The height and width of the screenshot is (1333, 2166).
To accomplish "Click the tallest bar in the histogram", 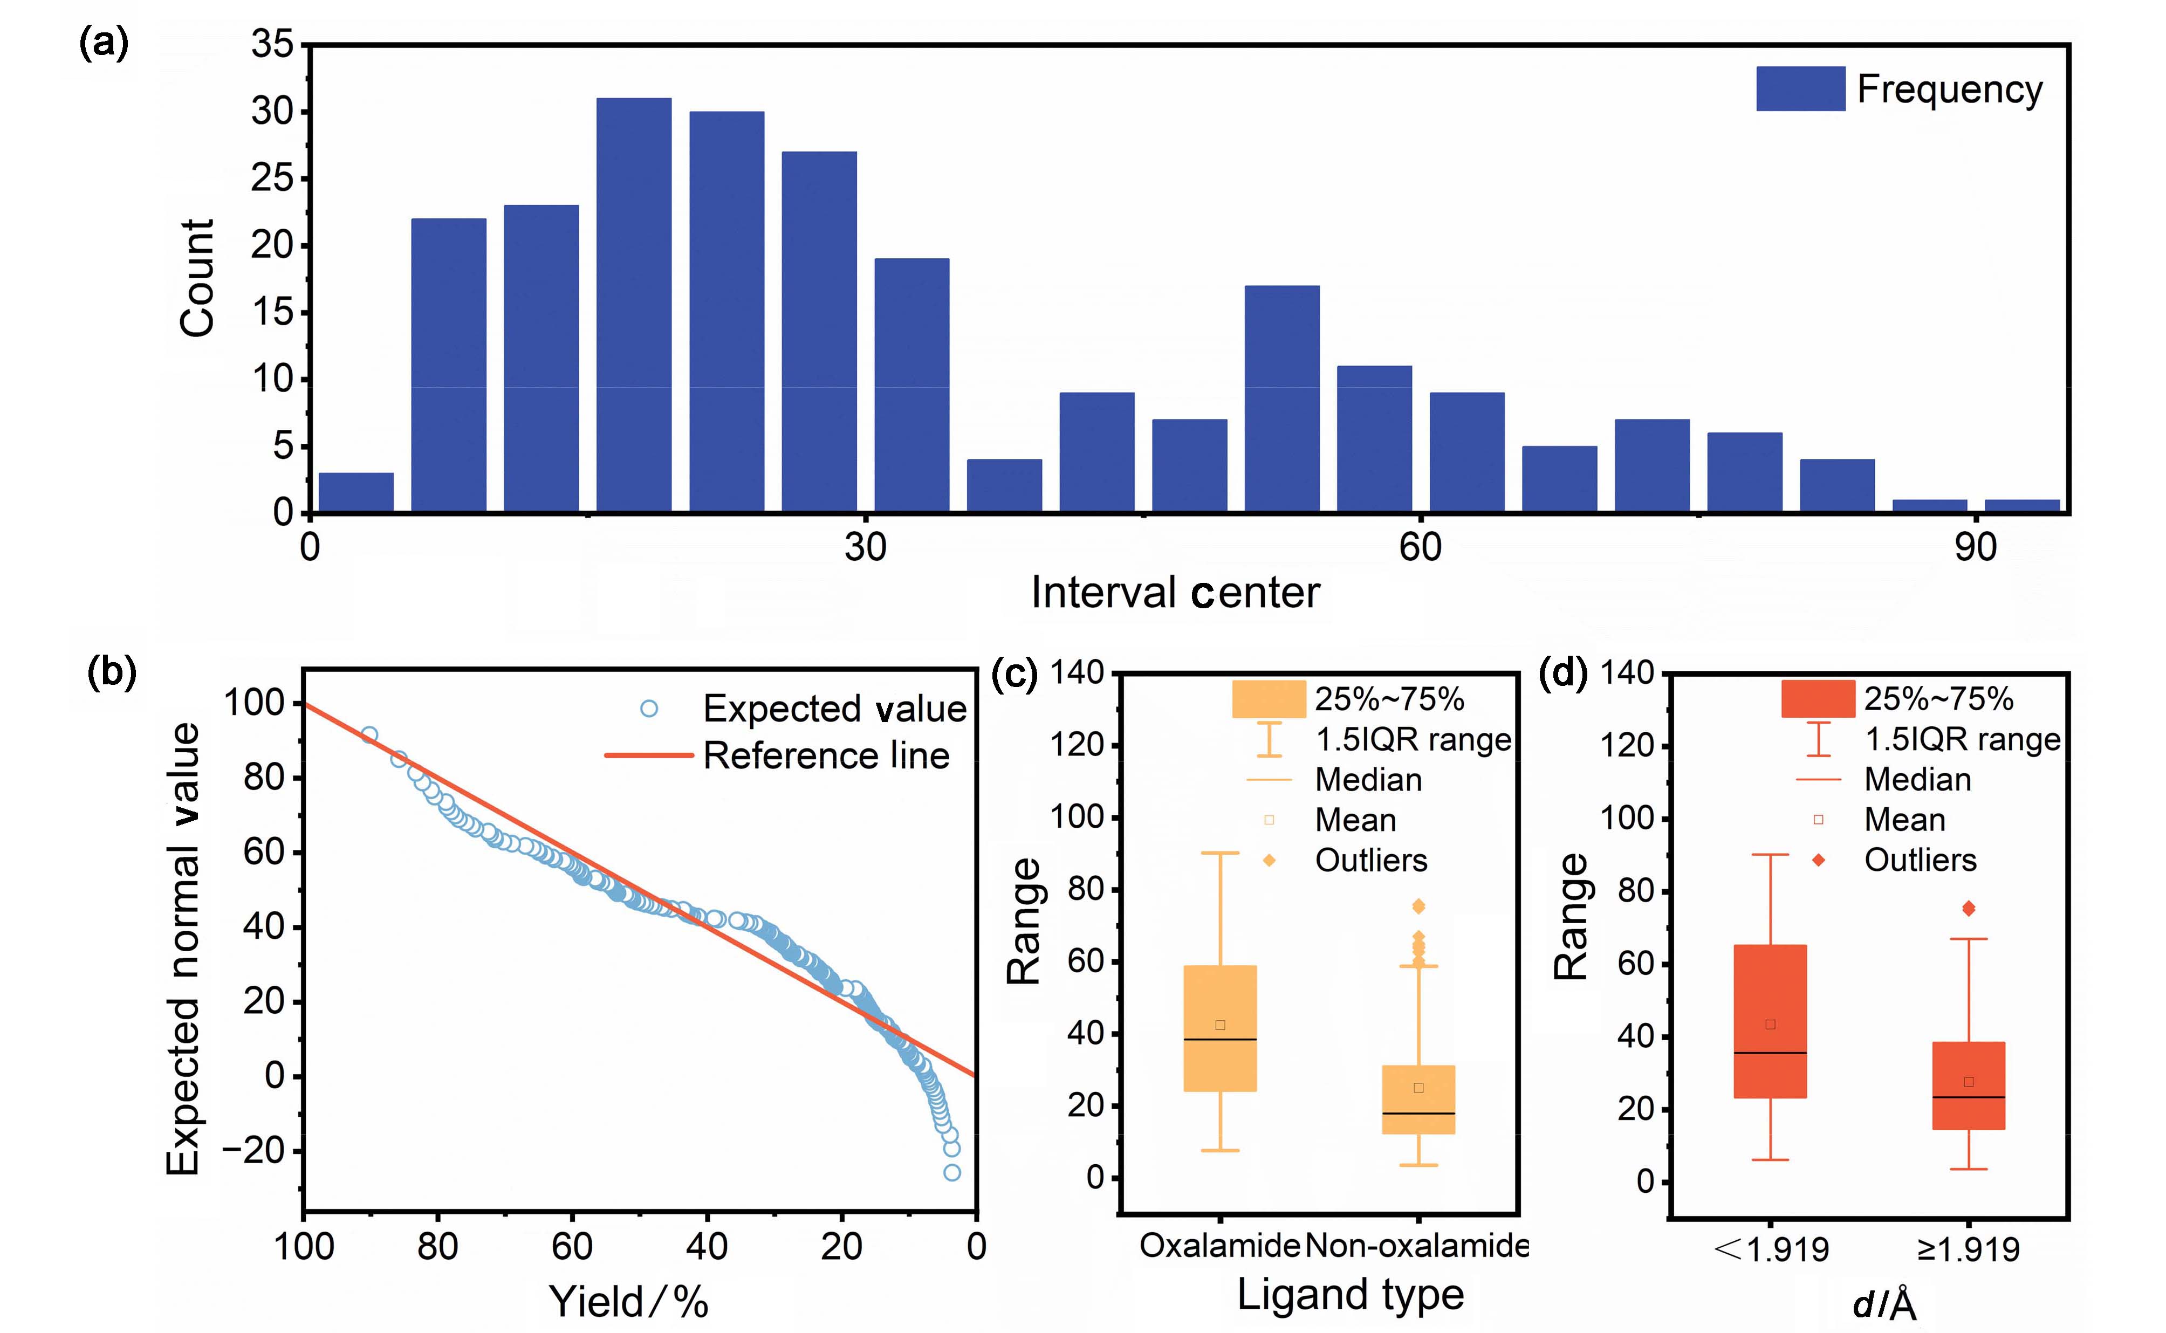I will pos(633,304).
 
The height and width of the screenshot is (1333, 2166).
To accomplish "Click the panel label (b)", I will pos(112,672).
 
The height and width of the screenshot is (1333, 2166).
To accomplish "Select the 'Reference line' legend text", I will pos(826,755).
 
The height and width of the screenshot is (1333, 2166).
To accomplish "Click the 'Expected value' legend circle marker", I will pos(649,708).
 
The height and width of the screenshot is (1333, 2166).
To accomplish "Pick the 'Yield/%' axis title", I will pos(628,1301).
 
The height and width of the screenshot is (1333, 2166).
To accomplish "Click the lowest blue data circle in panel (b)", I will pos(952,1172).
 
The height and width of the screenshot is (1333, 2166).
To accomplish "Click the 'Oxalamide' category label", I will pos(1219,1246).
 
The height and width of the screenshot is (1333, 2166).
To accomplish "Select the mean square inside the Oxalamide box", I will pos(1220,1025).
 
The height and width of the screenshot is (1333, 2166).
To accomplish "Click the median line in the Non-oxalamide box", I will pos(1418,1114).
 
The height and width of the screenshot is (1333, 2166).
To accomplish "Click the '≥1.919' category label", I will pos(1969,1249).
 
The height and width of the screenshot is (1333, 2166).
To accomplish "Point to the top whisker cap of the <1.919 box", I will pos(1770,854).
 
